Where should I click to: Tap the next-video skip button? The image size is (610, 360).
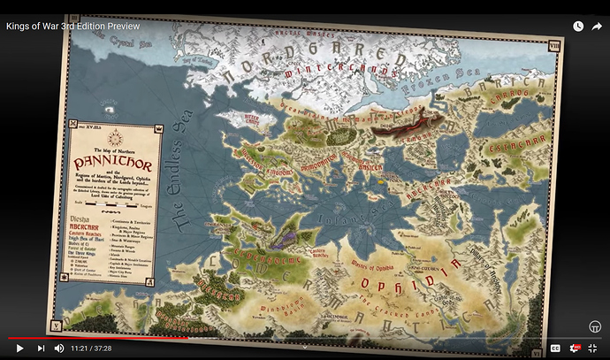click(x=40, y=349)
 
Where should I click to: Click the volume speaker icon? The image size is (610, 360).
click(x=59, y=349)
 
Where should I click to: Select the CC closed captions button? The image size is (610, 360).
click(x=555, y=349)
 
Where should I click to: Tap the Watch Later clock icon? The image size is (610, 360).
click(x=577, y=27)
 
